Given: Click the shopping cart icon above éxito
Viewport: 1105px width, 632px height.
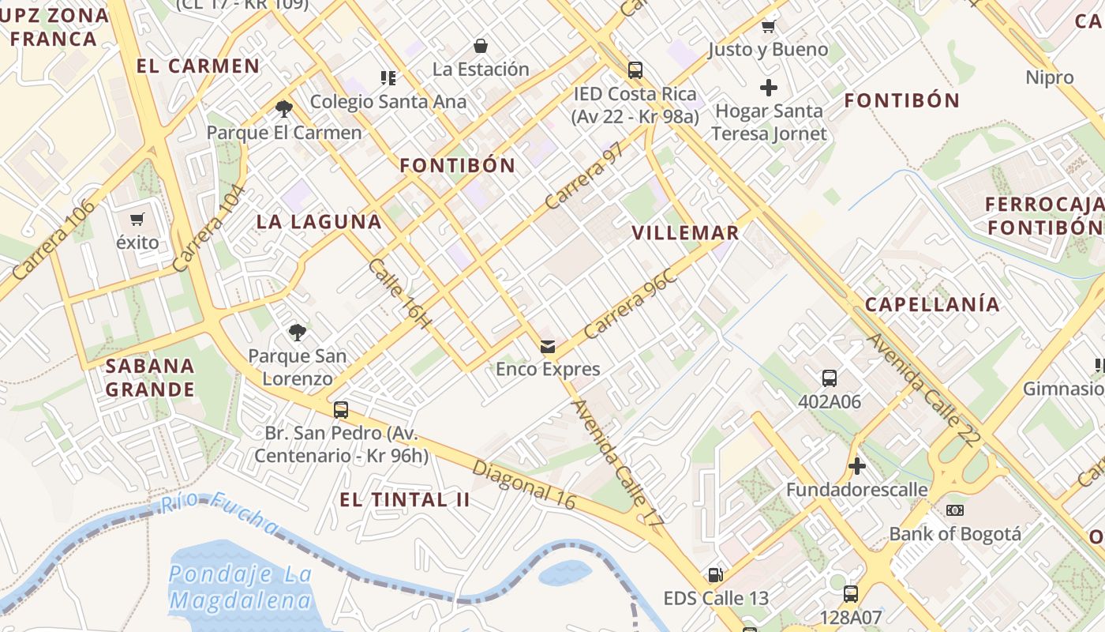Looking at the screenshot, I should click(x=138, y=219).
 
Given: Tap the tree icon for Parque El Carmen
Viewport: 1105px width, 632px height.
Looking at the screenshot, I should click(x=284, y=108).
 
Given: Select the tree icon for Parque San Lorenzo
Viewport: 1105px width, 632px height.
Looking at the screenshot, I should click(x=297, y=333).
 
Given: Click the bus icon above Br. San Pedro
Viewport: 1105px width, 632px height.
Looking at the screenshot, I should click(x=341, y=410).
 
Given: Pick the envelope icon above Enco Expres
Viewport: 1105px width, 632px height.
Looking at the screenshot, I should click(x=548, y=346).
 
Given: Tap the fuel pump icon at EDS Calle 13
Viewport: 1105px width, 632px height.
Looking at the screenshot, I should click(x=715, y=574).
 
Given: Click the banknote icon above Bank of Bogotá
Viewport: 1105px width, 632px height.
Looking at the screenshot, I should click(x=955, y=510).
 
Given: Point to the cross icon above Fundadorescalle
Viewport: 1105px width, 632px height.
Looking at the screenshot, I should click(x=857, y=466).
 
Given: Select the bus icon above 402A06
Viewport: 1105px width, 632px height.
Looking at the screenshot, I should click(x=830, y=378).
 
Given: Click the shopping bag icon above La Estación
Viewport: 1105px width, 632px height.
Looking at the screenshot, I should click(x=481, y=46).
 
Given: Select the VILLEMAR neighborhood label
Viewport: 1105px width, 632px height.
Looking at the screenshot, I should click(x=686, y=233).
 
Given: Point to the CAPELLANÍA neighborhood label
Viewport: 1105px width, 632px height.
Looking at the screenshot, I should click(x=932, y=305).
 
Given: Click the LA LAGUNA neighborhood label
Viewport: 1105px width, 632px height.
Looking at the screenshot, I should click(x=319, y=222).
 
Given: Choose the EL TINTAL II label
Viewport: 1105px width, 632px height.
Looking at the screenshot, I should click(x=405, y=500).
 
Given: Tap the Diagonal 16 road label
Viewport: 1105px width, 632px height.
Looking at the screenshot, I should click(x=524, y=484).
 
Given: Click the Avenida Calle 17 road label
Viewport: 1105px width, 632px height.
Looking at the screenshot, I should click(x=617, y=462).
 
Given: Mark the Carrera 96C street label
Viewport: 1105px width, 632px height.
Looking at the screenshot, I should click(x=631, y=304).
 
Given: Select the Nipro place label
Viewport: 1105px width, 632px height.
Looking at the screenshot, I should click(x=1050, y=77).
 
